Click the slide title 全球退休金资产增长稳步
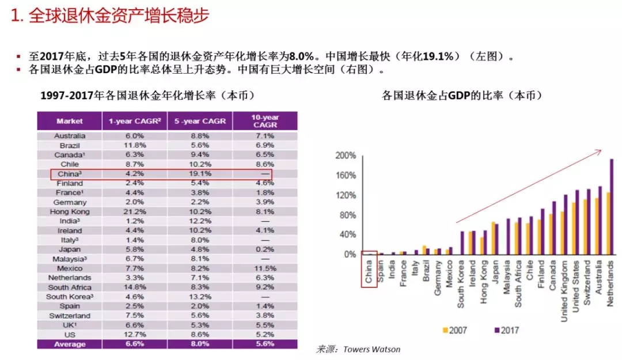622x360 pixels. [x=110, y=16]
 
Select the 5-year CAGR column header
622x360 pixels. [x=200, y=121]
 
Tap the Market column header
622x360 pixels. [x=70, y=121]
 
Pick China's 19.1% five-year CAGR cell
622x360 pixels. [x=200, y=173]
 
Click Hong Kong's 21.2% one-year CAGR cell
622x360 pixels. [x=134, y=211]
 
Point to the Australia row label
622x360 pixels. [x=70, y=136]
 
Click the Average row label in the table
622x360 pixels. [x=70, y=344]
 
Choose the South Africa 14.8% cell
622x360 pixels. [x=134, y=287]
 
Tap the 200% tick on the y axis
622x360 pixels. [x=346, y=156]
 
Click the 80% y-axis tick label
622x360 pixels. [x=348, y=215]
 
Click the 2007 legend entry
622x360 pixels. [x=454, y=330]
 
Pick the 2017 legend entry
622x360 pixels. [x=507, y=330]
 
